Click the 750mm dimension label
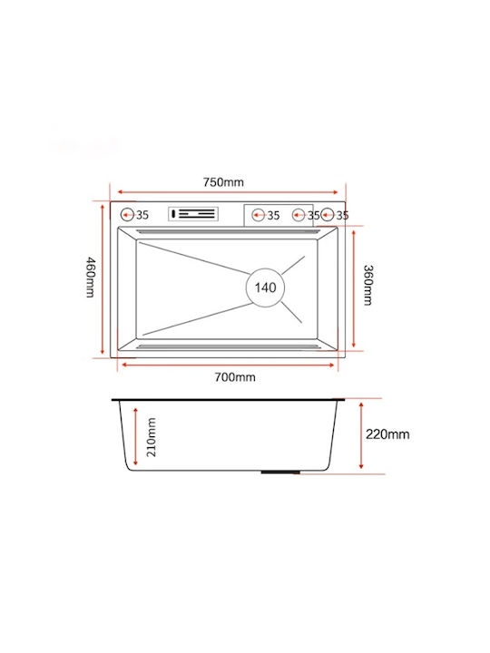click(x=223, y=182)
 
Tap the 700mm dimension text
click(x=235, y=377)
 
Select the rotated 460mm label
click(x=91, y=278)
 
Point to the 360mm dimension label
click(x=368, y=286)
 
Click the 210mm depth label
click(x=152, y=437)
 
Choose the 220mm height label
click(x=387, y=434)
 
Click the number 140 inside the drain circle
click(x=265, y=288)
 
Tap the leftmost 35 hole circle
click(x=127, y=215)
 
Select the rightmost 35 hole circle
click(x=328, y=215)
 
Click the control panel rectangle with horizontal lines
click(x=193, y=214)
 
